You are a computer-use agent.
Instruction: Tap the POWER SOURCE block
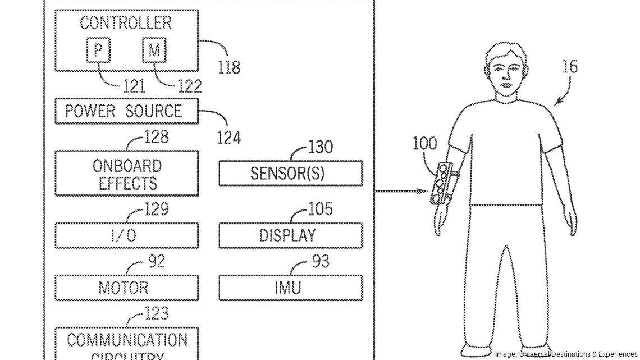click(126, 111)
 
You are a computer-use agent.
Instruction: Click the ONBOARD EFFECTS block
click(126, 174)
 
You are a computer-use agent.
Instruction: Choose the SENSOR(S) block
click(290, 173)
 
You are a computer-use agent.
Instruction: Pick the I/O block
click(126, 235)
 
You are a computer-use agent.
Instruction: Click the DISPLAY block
click(290, 235)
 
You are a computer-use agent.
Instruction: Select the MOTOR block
click(126, 288)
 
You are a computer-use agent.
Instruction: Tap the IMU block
click(290, 288)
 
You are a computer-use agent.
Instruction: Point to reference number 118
click(228, 67)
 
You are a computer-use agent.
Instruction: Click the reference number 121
click(132, 86)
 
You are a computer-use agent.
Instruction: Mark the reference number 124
click(228, 137)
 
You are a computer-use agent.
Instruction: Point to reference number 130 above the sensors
click(321, 147)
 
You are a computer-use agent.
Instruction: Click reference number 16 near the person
click(569, 67)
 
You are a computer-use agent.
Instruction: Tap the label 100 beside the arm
click(424, 143)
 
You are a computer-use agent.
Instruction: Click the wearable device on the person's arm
click(441, 183)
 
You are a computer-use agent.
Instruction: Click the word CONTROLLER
click(126, 23)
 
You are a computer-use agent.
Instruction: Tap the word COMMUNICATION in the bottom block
click(127, 340)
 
